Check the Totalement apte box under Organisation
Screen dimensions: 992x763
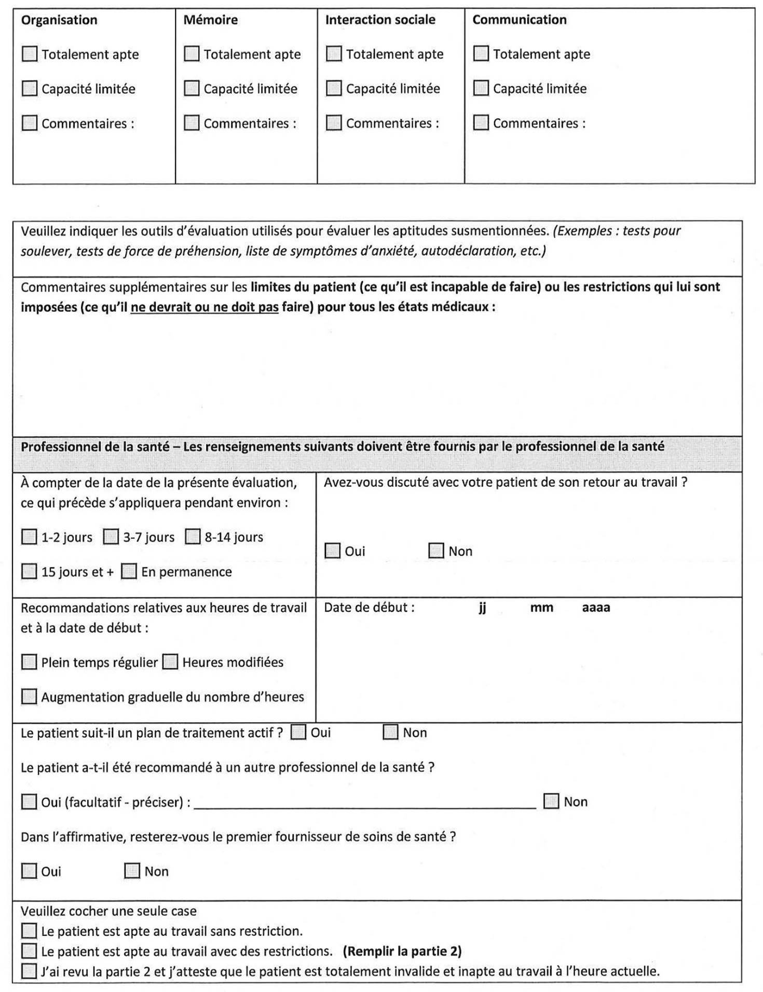pyautogui.click(x=30, y=54)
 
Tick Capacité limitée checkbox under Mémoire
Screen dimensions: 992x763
pyautogui.click(x=192, y=89)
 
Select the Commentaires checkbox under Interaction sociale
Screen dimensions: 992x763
pyautogui.click(x=334, y=123)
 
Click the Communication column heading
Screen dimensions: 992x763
pyautogui.click(x=519, y=20)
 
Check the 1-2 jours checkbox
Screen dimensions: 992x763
pyautogui.click(x=29, y=537)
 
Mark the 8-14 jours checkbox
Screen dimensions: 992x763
pyautogui.click(x=193, y=537)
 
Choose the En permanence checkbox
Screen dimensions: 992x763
pyautogui.click(x=129, y=572)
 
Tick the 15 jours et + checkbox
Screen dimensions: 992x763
pyautogui.click(x=29, y=572)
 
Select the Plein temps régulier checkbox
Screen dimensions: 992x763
pyautogui.click(x=29, y=662)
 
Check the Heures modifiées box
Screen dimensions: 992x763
pyautogui.click(x=170, y=662)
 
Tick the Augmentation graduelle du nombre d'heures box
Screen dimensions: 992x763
pyautogui.click(x=29, y=697)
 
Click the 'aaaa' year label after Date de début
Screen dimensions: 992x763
pyautogui.click(x=596, y=608)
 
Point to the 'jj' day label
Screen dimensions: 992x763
pyautogui.click(x=482, y=608)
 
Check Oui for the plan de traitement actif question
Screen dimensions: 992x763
pyautogui.click(x=298, y=733)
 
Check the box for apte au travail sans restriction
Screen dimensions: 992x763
pyautogui.click(x=29, y=931)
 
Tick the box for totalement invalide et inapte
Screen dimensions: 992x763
pyautogui.click(x=29, y=971)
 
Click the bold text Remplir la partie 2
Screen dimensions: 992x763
pyautogui.click(x=402, y=952)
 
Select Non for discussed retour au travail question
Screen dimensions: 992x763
pyautogui.click(x=436, y=550)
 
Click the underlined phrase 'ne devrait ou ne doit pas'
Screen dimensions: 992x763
pyautogui.click(x=205, y=307)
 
